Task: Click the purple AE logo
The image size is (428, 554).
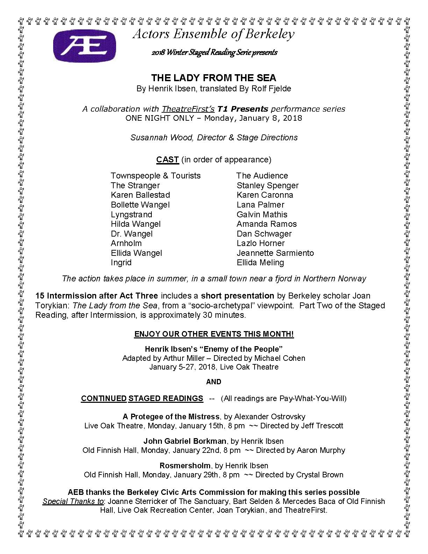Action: pos(84,45)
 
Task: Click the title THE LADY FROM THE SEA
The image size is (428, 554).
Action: pos(214,78)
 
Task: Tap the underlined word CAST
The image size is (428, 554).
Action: pos(167,160)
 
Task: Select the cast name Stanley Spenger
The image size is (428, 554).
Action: pos(267,185)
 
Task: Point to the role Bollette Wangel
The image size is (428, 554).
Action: pos(140,205)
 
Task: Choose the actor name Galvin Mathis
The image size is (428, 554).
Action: pos(262,215)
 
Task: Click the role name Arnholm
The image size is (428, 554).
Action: pos(126,243)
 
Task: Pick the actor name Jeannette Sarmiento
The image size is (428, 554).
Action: pos(275,253)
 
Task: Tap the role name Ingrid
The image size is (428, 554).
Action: pos(121,262)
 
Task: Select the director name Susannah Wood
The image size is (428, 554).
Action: pos(162,138)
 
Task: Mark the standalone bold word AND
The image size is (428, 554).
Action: pos(214,381)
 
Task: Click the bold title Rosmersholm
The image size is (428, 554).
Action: pos(185,465)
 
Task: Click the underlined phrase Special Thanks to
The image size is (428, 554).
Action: pos(73,501)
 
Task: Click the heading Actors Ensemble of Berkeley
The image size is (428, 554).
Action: pos(214,34)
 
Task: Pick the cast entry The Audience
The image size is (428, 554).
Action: pos(262,176)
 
